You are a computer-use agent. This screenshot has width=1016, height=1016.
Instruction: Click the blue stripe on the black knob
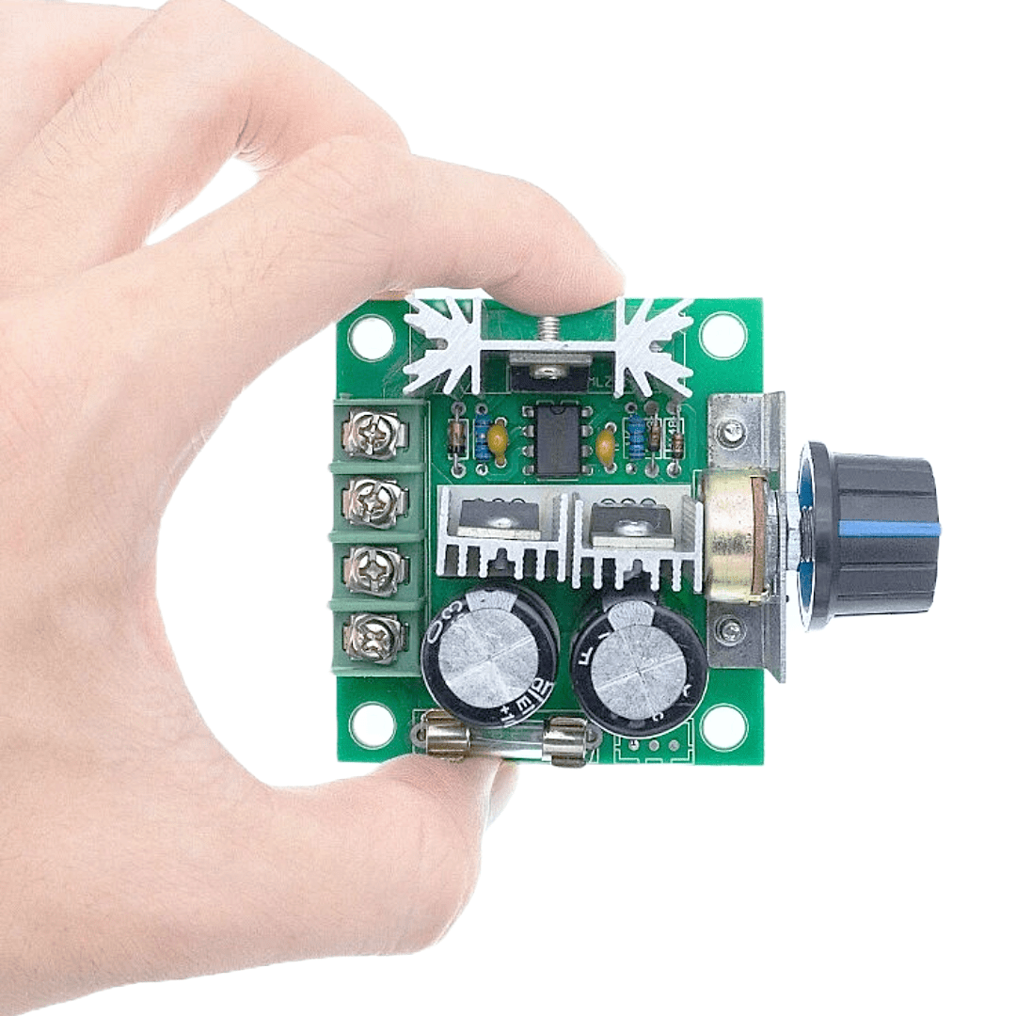click(x=889, y=528)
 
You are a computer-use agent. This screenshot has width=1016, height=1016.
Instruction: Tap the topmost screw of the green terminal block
click(x=374, y=435)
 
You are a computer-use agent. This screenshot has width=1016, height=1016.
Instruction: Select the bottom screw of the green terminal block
click(x=374, y=638)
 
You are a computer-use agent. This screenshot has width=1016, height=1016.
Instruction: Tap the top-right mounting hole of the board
click(x=723, y=334)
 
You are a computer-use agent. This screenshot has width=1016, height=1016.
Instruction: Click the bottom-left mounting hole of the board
click(x=373, y=724)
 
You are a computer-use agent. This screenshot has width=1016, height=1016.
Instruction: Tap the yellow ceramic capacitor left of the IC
click(x=499, y=443)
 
